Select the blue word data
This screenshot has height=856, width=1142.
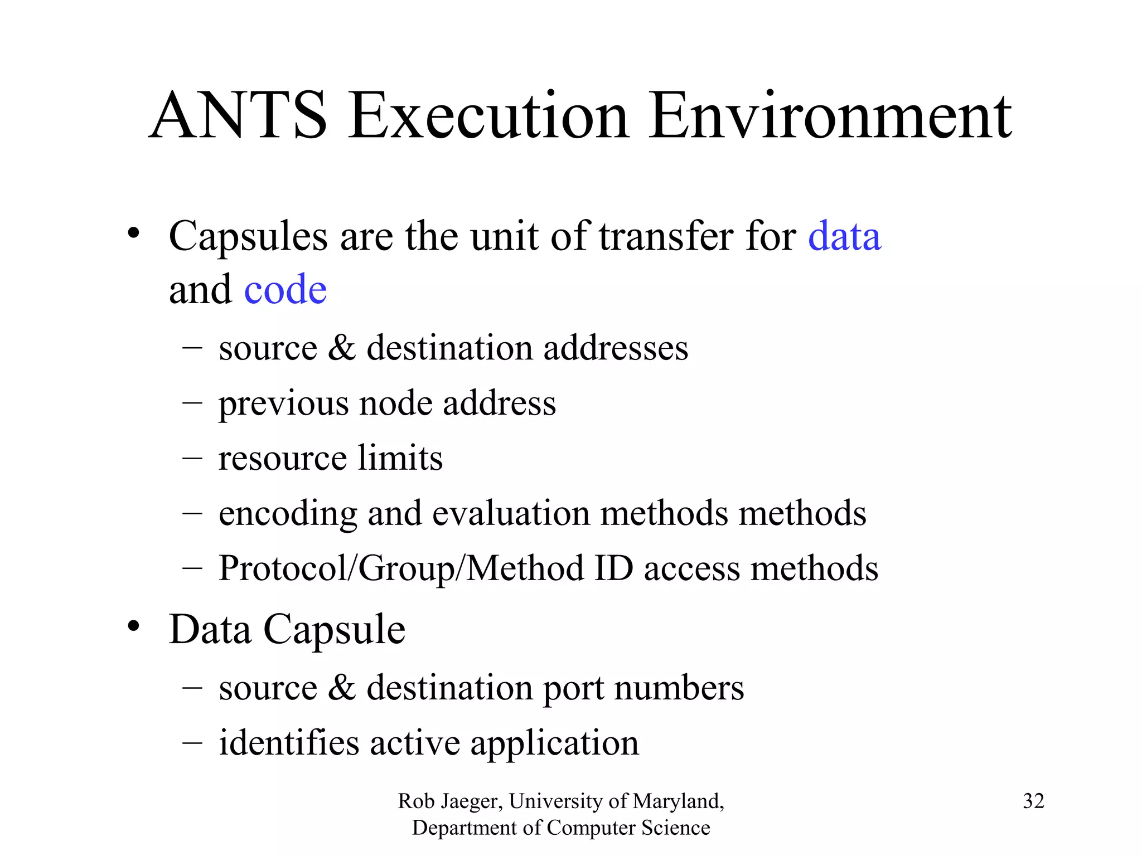(844, 236)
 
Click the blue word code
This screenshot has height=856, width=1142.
(285, 290)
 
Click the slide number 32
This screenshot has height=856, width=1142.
(1033, 801)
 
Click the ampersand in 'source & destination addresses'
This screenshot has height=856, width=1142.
(341, 348)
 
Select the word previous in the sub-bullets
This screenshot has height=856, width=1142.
(283, 403)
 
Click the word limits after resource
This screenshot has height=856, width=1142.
(400, 458)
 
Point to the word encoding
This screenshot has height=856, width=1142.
(288, 513)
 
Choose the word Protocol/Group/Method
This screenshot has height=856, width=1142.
(401, 568)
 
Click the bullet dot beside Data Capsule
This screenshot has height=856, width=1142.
(133, 626)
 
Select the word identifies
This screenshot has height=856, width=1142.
(289, 743)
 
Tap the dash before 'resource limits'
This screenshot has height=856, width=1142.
(192, 458)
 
